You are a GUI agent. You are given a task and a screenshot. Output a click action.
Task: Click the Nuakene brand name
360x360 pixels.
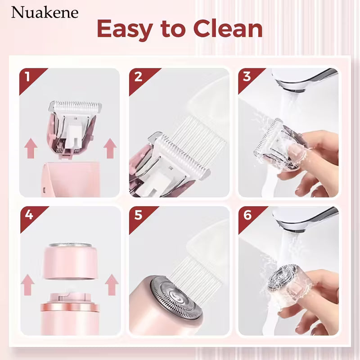(45, 12)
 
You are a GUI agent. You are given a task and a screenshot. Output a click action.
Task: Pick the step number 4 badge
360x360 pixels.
(28, 215)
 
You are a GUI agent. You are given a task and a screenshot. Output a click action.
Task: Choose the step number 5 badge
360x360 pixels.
(138, 215)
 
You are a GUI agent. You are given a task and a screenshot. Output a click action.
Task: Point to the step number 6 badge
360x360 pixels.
(247, 215)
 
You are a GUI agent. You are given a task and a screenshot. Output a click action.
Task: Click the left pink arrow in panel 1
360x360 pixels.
(31, 148)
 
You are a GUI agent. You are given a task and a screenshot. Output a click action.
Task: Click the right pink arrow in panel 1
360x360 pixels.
(109, 148)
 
